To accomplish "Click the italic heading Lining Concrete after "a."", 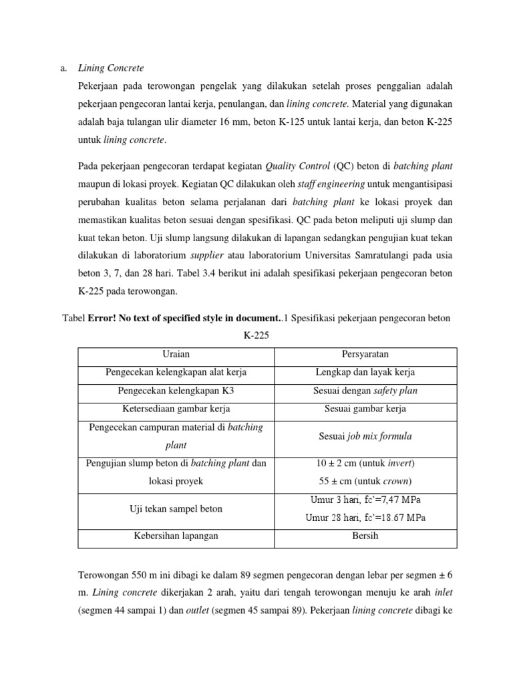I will point(111,68).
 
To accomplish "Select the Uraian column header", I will point(176,354).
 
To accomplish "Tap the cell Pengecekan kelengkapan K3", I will point(176,391).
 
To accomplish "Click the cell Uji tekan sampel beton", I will point(176,509).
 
